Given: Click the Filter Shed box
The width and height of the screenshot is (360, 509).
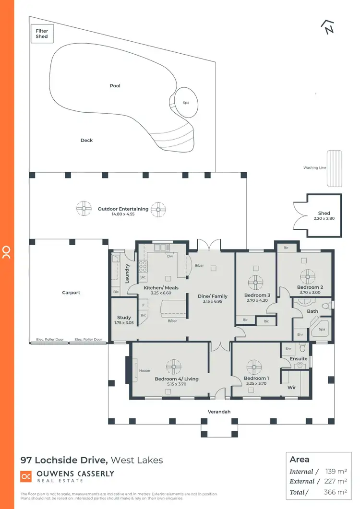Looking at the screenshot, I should pos(42,34).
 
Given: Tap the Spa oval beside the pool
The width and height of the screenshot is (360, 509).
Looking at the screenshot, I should pos(185,102).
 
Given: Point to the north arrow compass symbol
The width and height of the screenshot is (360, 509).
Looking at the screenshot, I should pos(327,27).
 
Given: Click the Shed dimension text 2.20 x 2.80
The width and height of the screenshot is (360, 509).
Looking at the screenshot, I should pos(324,218).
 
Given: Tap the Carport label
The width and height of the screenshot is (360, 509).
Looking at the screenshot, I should pos(71,293).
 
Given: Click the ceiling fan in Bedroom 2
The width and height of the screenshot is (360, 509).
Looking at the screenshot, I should pos(307,276).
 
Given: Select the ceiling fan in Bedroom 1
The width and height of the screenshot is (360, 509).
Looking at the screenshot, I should pos(254,367).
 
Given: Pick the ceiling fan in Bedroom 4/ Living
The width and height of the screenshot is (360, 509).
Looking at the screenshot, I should pos(173,367).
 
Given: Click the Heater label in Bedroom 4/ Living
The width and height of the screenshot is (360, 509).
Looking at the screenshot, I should pos(144,370).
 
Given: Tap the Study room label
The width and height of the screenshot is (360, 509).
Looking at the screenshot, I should pos(124,318).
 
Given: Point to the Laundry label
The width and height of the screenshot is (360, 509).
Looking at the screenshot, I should pos(128,273).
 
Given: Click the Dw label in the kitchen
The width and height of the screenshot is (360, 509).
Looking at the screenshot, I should pos(169,256).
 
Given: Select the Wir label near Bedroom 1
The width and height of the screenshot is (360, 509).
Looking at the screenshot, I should pos(291,387).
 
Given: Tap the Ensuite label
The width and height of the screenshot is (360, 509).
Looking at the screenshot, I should pos(299,358).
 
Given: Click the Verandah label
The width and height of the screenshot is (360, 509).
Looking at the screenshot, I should pos(219,412).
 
